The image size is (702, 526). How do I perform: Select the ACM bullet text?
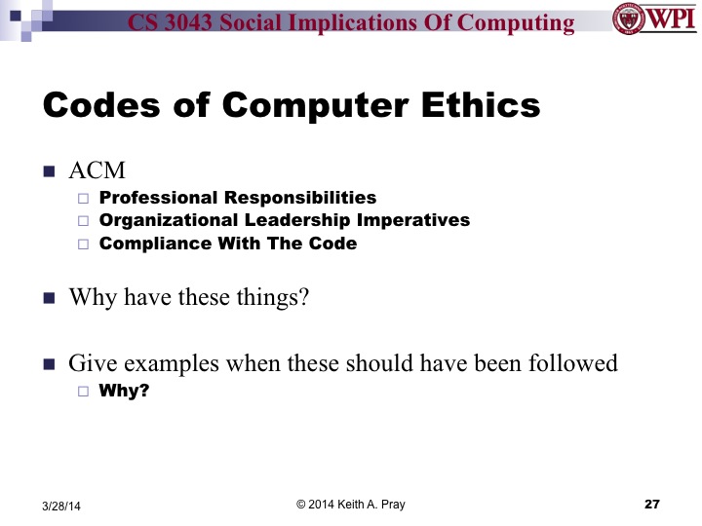click(x=97, y=171)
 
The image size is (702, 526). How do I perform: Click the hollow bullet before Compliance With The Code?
click(x=83, y=244)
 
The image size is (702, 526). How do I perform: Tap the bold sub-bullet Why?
click(x=124, y=393)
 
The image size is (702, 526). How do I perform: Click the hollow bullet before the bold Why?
click(x=83, y=394)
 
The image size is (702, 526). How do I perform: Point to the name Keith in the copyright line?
click(x=358, y=504)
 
